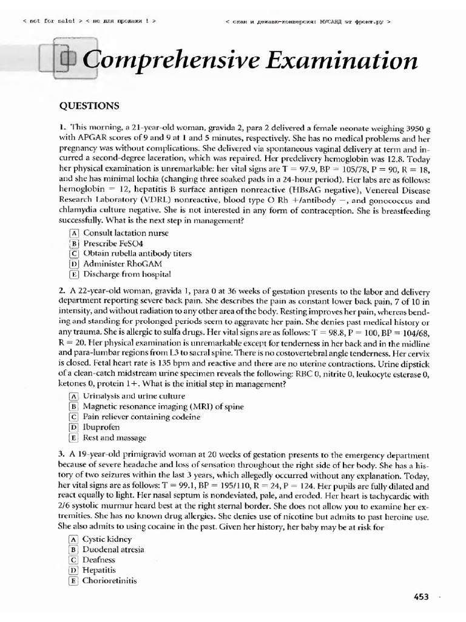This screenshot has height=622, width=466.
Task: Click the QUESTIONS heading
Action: coord(89,106)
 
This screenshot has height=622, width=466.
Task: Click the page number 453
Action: coord(421,597)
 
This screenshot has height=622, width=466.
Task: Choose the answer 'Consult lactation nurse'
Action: coord(126,233)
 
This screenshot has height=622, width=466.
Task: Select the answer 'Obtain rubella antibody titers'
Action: coord(137,253)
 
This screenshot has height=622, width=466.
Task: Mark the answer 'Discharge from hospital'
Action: coord(127,274)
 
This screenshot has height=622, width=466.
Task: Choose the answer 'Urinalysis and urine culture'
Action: coord(133,395)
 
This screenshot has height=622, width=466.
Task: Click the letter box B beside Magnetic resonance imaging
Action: coord(74,406)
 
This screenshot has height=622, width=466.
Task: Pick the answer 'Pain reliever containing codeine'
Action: coord(141,416)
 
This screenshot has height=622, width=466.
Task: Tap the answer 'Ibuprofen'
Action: coord(101,427)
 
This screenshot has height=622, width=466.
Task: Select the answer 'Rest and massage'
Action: coord(114,437)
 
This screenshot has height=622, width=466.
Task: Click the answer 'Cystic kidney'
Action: coord(107,539)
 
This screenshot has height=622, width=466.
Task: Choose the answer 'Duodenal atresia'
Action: coord(113,549)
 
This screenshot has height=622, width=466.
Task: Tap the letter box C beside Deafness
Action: coord(74,559)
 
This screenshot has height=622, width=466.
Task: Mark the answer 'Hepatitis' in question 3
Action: coord(99,570)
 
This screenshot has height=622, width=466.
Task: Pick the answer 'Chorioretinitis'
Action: coord(109,580)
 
